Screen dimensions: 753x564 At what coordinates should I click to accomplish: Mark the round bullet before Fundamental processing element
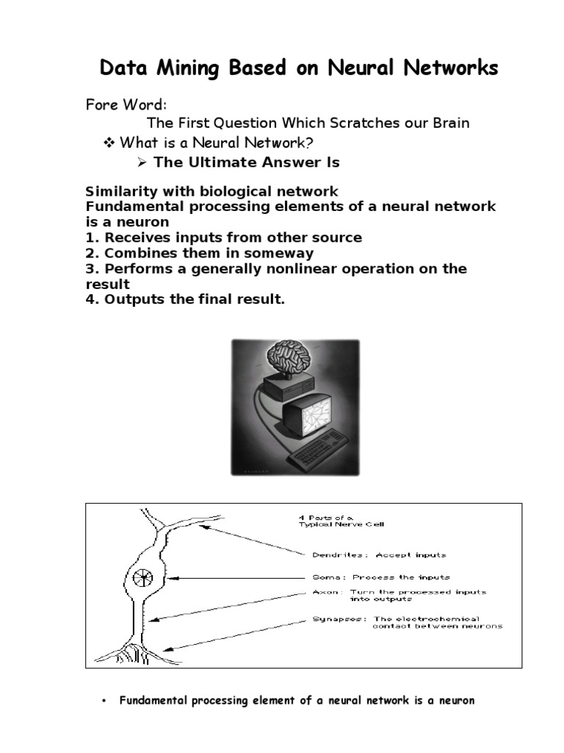(x=104, y=702)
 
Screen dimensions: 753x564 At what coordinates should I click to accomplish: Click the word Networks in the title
(x=455, y=68)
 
